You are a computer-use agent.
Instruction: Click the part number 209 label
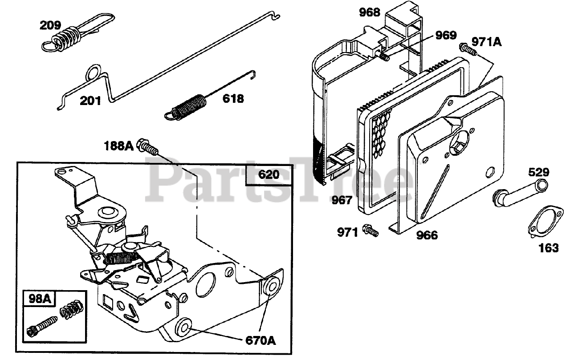point(50,25)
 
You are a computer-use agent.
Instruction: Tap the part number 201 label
point(90,101)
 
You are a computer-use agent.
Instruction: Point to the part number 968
point(370,12)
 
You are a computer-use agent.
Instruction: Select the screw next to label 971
point(370,231)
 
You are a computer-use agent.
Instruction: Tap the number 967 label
point(342,200)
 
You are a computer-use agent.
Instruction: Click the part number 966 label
point(427,235)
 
